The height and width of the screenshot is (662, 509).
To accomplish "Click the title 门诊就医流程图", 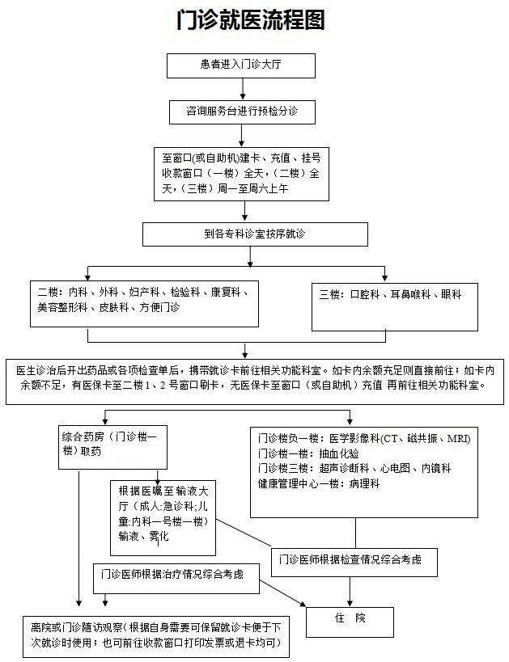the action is click(251, 20).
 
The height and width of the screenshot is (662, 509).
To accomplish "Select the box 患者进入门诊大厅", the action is click(241, 65).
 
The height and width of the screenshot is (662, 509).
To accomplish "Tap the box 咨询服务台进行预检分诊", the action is click(242, 112).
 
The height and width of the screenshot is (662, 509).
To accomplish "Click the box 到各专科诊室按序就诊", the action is click(255, 234).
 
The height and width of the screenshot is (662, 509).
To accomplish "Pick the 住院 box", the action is click(350, 622).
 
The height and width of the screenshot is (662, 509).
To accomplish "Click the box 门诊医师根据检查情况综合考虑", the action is click(354, 563).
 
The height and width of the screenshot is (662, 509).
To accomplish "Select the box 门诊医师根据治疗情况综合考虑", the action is click(176, 578).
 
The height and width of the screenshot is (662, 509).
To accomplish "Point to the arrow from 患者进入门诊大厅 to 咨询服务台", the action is click(243, 89).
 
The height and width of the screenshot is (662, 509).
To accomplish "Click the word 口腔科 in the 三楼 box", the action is click(365, 294).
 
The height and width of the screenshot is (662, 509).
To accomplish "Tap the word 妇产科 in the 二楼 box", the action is click(145, 292).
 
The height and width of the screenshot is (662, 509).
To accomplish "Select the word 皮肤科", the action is click(114, 307).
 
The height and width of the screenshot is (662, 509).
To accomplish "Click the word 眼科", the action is click(451, 294).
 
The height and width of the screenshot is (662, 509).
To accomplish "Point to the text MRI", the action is click(458, 438).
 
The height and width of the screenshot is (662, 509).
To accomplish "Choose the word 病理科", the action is click(364, 483).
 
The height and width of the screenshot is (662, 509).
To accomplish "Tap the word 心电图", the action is click(395, 468).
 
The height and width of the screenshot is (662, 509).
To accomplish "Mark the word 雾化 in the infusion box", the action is click(159, 536).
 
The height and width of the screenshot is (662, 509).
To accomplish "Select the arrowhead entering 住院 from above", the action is click(350, 603).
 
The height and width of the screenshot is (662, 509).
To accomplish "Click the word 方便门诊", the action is click(159, 307).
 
